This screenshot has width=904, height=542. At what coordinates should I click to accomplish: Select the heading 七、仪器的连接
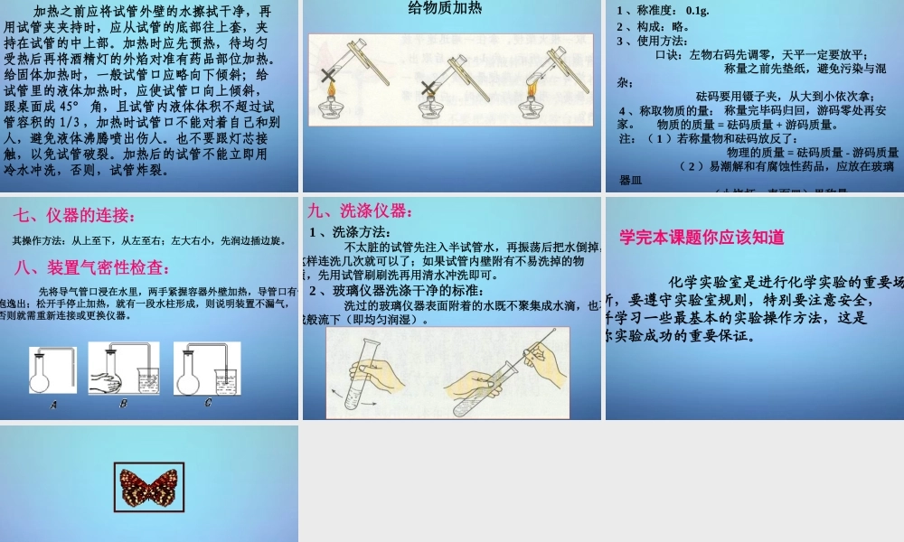(x=76, y=216)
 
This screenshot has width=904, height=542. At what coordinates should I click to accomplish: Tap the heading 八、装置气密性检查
(x=92, y=267)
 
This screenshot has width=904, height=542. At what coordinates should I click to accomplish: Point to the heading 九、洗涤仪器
(x=359, y=211)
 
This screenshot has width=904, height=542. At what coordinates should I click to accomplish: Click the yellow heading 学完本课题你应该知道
(x=702, y=238)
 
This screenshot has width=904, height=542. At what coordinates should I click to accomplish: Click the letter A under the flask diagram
(x=53, y=406)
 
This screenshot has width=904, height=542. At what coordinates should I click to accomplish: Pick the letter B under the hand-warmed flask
(x=123, y=404)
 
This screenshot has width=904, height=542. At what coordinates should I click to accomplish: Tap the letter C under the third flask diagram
(x=207, y=403)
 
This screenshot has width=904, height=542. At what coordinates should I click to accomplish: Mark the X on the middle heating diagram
(x=427, y=89)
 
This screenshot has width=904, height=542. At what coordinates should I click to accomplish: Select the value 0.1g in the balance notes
(x=697, y=11)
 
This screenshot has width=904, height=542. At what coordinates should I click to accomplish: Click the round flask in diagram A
(x=41, y=378)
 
